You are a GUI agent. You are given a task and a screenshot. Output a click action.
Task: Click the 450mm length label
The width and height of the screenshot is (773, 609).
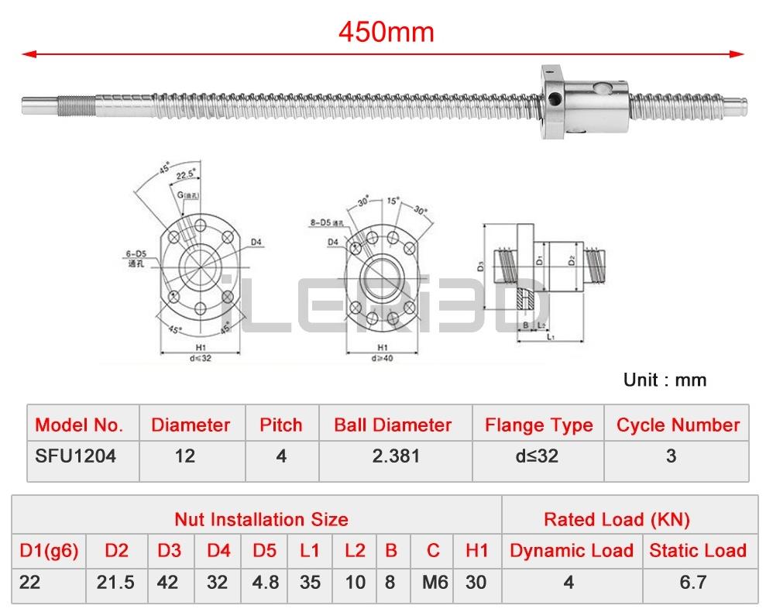[x=386, y=31]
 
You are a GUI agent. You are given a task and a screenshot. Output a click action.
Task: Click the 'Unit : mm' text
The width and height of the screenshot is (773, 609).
[x=665, y=380]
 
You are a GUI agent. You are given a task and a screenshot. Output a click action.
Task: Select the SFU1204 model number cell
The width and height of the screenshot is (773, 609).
[x=76, y=456]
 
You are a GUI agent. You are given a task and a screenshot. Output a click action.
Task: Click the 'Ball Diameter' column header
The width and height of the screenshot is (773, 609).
[x=392, y=425]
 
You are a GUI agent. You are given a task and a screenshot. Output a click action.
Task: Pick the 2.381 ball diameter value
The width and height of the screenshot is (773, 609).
[x=396, y=456]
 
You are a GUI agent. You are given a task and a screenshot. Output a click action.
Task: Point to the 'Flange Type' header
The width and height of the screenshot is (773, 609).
[x=538, y=425]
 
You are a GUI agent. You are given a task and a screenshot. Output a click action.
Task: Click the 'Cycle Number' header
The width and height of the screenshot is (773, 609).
[x=678, y=425]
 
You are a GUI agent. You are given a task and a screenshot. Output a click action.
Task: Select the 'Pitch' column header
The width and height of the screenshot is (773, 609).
[x=280, y=425]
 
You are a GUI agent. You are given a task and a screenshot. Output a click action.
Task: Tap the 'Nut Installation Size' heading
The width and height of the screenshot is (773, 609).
[x=261, y=519]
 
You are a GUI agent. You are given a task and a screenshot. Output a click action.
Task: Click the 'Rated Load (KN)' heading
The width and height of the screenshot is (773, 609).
[x=617, y=519]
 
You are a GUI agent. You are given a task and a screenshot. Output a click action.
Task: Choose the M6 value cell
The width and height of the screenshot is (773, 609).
[x=433, y=581]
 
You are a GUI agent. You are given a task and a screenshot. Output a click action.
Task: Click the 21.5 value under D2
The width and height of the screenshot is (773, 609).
[x=116, y=581]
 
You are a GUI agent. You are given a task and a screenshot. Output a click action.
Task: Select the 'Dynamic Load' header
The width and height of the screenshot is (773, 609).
[x=571, y=551]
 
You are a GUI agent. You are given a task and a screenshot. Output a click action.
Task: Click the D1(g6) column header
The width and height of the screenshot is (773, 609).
[x=48, y=551]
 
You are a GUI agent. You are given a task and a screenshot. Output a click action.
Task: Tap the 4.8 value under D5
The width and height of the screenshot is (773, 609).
[x=265, y=581]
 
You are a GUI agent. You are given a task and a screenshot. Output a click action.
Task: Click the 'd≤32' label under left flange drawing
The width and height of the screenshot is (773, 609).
[x=200, y=358]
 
